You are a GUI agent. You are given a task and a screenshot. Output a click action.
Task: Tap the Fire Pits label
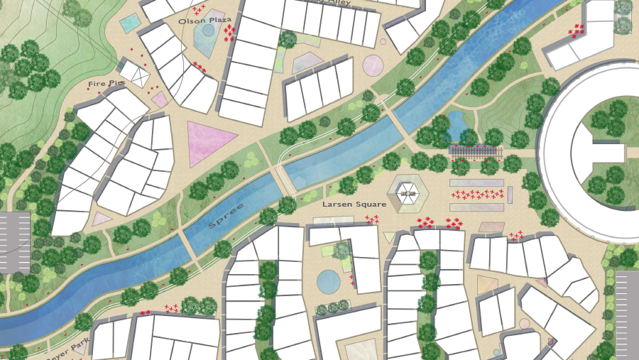coord(106,84)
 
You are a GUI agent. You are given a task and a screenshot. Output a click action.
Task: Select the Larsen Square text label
coord(354,204)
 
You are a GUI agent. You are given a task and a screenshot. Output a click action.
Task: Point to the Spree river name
coord(226,215)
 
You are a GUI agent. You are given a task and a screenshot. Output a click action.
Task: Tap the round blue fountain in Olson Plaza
coord(208,31)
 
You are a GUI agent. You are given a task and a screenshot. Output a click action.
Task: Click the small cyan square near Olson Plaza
coord(130,23)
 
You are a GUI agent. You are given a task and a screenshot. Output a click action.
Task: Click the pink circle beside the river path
coord(373,66)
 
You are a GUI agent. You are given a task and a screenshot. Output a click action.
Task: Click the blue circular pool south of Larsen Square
coord(328,281)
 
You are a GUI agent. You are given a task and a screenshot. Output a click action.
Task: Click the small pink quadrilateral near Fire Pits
coord(160,99)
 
